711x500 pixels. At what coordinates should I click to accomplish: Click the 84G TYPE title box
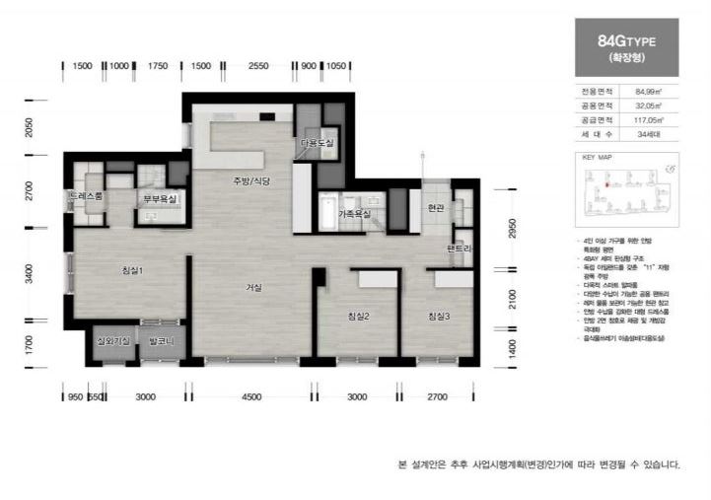tap(625, 47)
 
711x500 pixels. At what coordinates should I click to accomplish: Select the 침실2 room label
tap(358, 316)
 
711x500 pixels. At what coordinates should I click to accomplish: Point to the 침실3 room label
tap(439, 316)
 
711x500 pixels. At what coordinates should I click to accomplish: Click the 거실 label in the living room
tap(253, 288)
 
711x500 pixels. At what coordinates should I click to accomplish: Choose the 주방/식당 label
tap(250, 181)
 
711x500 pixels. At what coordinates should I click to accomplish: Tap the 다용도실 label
tap(318, 143)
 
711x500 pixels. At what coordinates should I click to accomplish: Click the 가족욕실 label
tap(354, 213)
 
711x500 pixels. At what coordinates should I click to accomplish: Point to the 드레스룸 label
tap(86, 197)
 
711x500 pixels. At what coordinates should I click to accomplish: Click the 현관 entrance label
tap(437, 207)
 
